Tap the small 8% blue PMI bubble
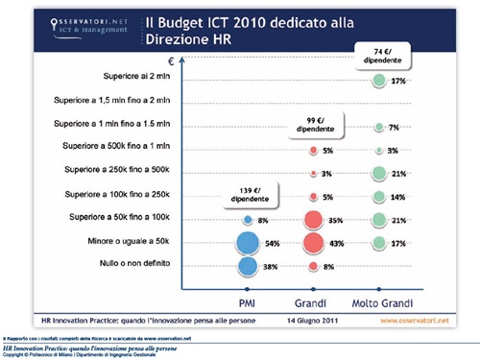(248, 220)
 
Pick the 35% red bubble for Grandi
(314, 220)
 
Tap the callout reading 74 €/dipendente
(381, 56)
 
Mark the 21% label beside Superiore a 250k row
(400, 174)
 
